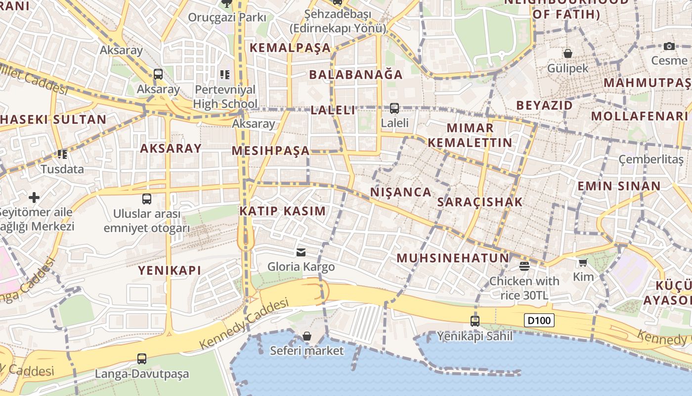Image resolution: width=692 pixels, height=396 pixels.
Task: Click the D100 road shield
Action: coord(539,320)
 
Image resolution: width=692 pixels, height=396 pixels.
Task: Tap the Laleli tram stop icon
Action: coord(394,108)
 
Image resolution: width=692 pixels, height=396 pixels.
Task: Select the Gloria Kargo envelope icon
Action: coord(301,252)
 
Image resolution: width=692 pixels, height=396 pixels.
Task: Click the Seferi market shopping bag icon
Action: coord(306,337)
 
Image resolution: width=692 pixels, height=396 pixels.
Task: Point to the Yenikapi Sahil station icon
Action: coord(475,321)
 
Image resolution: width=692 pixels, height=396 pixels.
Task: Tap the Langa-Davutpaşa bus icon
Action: coord(142,358)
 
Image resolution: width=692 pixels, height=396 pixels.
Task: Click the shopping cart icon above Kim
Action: coord(583,262)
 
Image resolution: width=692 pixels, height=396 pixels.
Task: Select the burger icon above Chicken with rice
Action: coord(524,266)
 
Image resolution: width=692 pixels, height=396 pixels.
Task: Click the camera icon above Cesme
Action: coord(669,46)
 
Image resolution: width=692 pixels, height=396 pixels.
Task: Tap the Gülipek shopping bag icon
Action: coord(568,53)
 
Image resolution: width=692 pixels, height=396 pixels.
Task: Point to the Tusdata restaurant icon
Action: coord(62,154)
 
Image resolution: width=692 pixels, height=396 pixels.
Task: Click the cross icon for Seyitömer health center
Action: coord(34,198)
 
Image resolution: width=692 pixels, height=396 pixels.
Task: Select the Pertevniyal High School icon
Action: coord(225,75)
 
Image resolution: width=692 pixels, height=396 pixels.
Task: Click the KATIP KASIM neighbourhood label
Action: coord(283,211)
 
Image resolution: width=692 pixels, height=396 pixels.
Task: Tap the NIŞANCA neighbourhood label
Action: coord(400,192)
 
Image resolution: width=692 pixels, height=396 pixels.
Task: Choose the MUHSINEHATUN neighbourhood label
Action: coord(453,258)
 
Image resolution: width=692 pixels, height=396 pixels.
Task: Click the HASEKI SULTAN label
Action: coord(53,119)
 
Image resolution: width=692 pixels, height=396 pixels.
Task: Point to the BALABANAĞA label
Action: coord(356,75)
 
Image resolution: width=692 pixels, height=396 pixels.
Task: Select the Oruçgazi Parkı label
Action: coord(227,18)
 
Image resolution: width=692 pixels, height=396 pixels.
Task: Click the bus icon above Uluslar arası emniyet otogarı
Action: coord(147,199)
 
